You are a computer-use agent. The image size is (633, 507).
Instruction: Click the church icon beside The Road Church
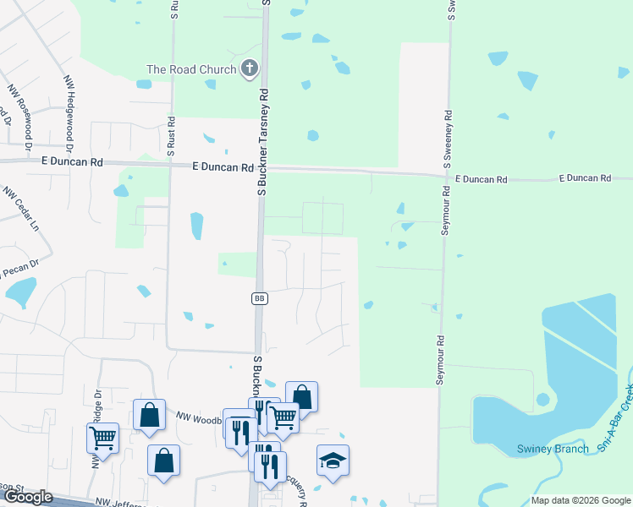[250, 69]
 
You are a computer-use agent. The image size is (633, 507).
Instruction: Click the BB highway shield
[260, 298]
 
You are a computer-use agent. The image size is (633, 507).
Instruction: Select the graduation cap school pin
[333, 461]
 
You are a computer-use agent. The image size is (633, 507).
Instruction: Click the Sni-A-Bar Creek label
[617, 419]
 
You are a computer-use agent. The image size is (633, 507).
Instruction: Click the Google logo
[29, 497]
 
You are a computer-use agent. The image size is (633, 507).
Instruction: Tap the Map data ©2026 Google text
[581, 500]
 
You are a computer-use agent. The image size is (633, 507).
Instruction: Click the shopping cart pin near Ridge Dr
[102, 437]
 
